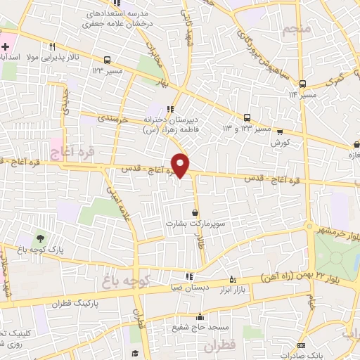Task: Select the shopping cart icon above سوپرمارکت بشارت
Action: pyautogui.click(x=195, y=212)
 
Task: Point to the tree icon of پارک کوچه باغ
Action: pyautogui.click(x=39, y=238)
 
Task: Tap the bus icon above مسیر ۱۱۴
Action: pyautogui.click(x=302, y=83)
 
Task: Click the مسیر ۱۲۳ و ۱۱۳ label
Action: pyautogui.click(x=246, y=129)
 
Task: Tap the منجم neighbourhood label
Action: pyautogui.click(x=297, y=31)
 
